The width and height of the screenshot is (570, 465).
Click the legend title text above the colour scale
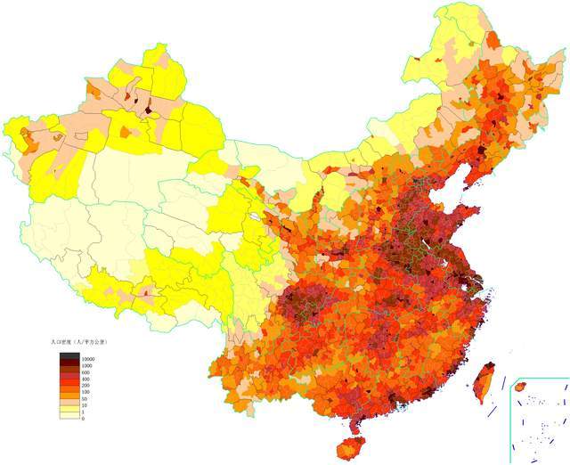click(x=81, y=341)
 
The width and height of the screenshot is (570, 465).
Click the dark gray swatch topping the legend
click(x=70, y=355)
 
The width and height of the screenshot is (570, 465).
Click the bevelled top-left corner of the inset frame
click(x=511, y=379)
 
